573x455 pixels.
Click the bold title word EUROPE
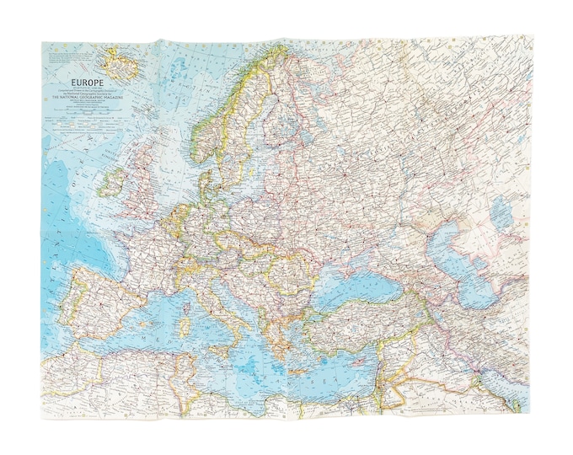(x=67, y=83)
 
